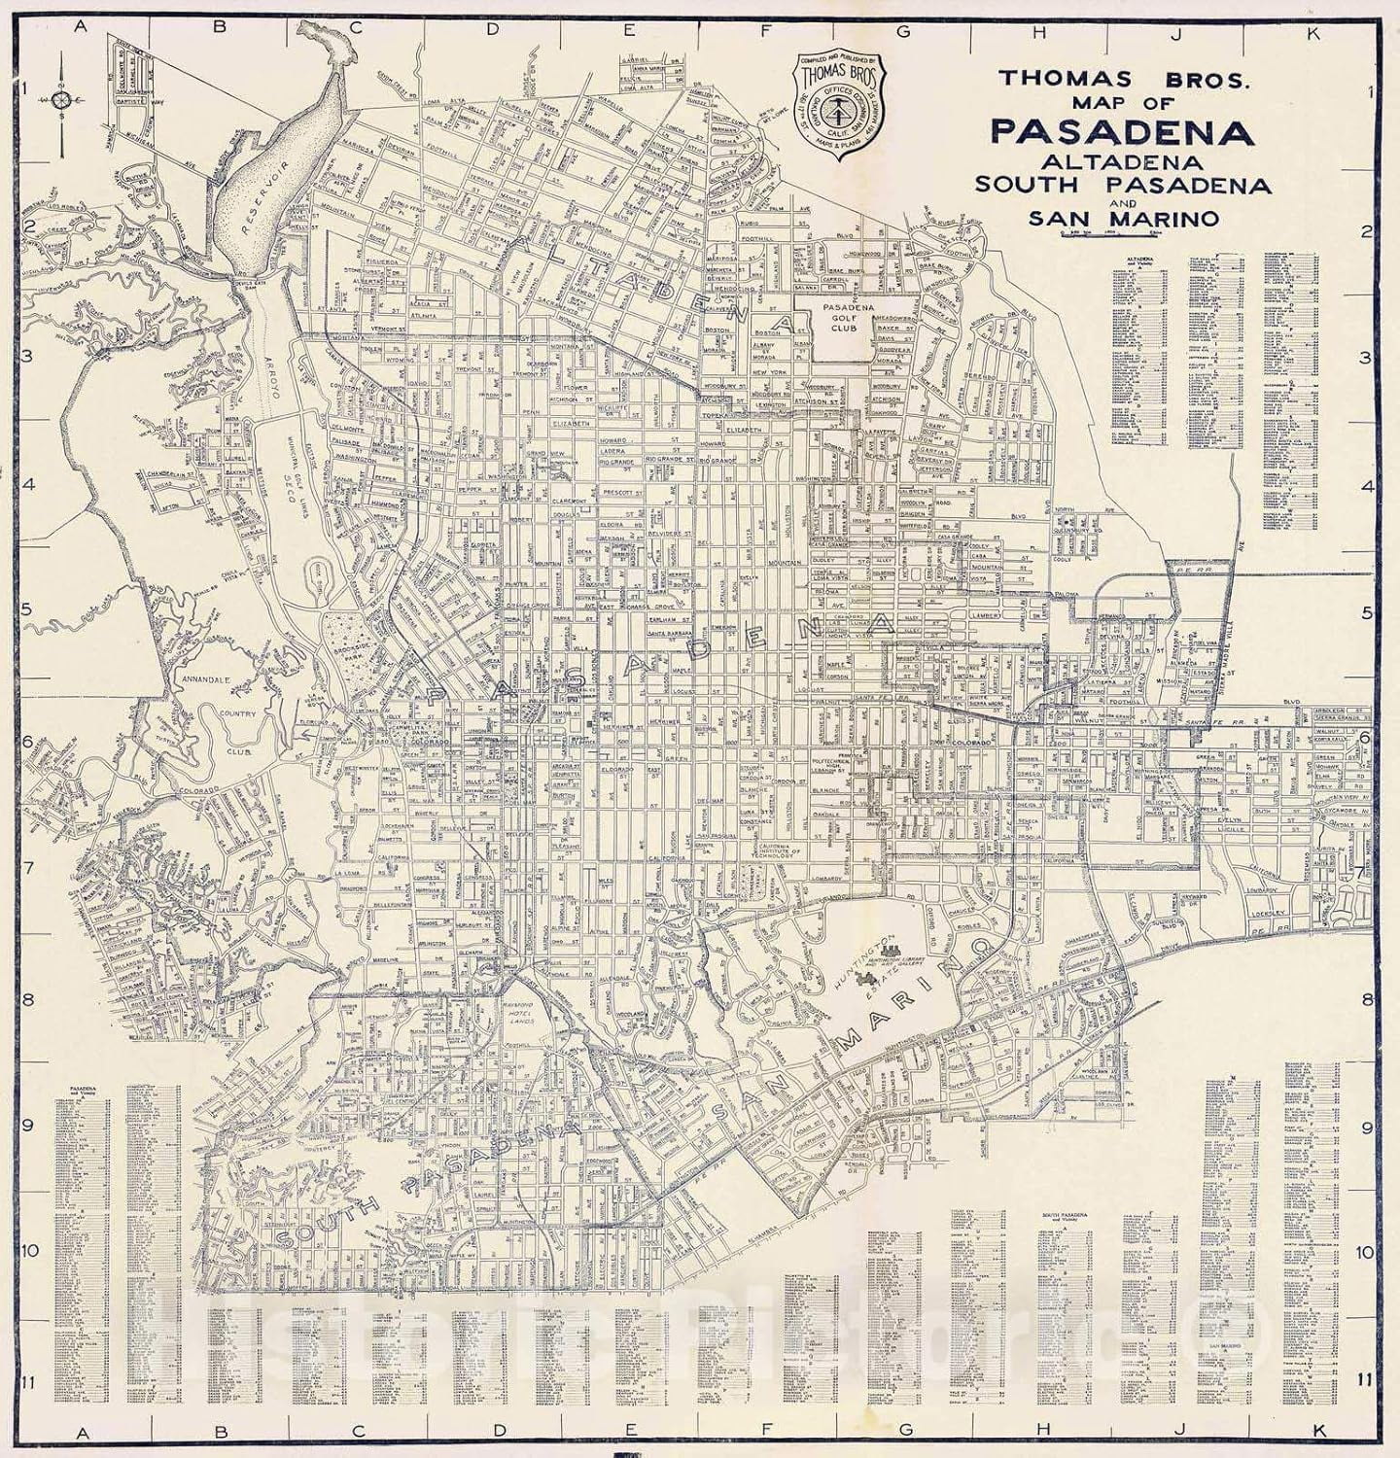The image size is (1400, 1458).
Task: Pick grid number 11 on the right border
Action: point(1367,1378)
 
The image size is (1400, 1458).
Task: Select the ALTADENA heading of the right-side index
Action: point(1137,260)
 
